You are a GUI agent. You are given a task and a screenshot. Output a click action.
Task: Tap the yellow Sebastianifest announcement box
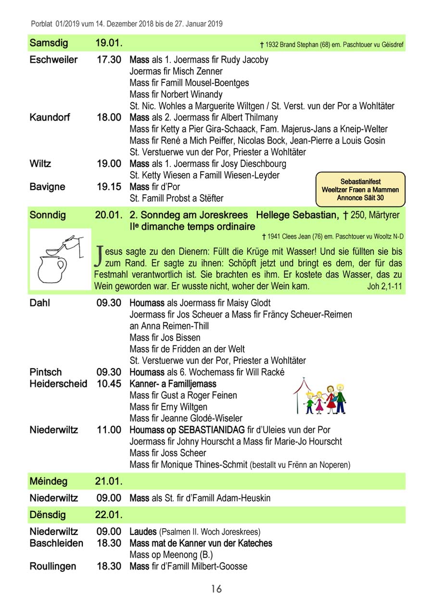360,190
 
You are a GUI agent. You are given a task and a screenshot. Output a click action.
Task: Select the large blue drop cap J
100,256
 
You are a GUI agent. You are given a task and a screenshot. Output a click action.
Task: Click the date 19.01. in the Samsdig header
108,43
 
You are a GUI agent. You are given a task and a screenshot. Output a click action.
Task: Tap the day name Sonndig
49,215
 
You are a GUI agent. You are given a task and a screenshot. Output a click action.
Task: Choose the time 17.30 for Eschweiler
109,60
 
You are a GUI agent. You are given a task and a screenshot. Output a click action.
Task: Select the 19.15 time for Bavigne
109,187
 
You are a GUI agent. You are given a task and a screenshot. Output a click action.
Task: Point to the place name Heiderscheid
58,384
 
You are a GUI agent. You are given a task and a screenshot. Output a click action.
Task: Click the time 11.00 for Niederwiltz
109,430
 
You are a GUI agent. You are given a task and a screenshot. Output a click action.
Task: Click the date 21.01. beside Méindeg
108,481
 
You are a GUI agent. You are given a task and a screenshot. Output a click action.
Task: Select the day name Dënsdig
48,515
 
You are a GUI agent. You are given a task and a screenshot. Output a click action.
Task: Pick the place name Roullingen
53,566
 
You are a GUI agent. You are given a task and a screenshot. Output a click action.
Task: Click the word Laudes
143,532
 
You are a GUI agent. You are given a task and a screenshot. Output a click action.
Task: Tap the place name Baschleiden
56,543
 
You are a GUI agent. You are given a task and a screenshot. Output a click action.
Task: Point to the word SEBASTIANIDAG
212,430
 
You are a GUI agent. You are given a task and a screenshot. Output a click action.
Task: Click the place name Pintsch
46,372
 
